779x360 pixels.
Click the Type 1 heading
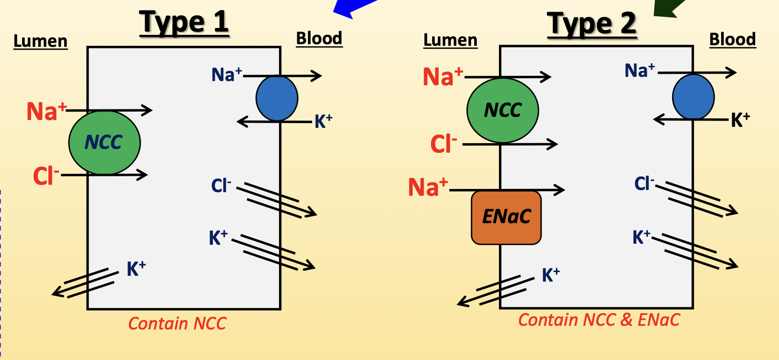click(x=184, y=22)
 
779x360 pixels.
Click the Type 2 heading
click(x=592, y=23)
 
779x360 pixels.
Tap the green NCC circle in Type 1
click(x=104, y=142)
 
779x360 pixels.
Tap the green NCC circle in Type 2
click(x=502, y=110)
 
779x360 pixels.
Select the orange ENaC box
click(x=506, y=217)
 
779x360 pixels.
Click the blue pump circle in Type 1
click(x=277, y=98)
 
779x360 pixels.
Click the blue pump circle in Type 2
click(x=693, y=97)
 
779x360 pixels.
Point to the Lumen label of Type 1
click(x=41, y=41)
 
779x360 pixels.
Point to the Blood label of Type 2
click(x=732, y=39)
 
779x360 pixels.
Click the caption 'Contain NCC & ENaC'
click(x=598, y=319)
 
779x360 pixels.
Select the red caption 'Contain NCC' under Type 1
click(x=177, y=323)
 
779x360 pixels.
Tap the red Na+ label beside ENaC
click(x=428, y=187)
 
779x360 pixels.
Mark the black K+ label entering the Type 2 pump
click(x=740, y=121)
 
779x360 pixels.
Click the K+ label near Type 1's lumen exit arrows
click(x=136, y=269)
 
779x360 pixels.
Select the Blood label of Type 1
click(x=319, y=38)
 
